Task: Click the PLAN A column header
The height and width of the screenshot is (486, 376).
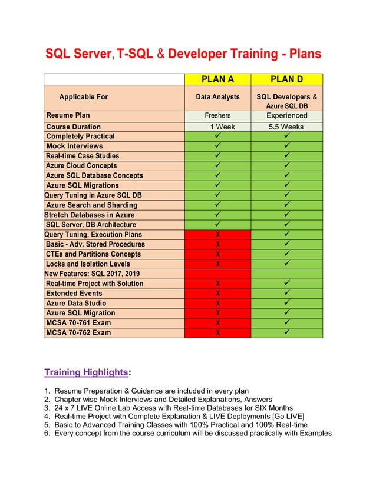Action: coord(217,79)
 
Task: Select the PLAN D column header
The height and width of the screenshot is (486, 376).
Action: coord(286,79)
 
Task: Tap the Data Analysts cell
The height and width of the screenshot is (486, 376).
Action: coord(217,97)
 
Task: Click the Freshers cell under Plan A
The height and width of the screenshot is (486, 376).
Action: coord(217,115)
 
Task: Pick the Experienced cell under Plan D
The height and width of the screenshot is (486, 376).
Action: coord(286,115)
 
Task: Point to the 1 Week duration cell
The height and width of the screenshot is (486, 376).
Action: coord(222,127)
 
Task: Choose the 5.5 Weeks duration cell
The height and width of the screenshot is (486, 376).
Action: coord(286,127)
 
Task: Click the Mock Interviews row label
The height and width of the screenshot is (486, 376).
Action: coord(74,146)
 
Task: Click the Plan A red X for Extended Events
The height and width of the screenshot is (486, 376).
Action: coord(218,294)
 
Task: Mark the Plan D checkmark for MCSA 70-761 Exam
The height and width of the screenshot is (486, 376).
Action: coord(287,322)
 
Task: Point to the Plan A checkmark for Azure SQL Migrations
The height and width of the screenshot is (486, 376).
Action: coord(218,185)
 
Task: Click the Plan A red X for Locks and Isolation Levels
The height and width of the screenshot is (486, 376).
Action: coord(218,264)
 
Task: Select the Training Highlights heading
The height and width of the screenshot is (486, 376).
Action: coord(86,372)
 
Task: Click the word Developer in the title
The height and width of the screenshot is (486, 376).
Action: coord(197,54)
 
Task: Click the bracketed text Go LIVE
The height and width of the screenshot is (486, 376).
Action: coord(289,416)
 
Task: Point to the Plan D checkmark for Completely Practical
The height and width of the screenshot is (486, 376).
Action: coord(287,136)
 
